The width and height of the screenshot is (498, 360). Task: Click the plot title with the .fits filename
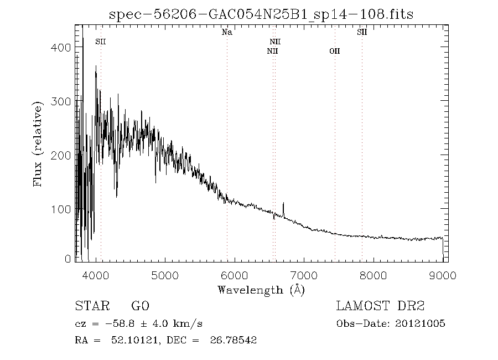pos(262,14)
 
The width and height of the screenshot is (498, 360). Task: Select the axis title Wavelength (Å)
pos(261,289)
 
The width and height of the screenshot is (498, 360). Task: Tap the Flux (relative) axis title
pos(38,144)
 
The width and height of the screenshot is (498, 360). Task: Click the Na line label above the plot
pos(227,32)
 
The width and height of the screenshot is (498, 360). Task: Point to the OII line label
pos(335,51)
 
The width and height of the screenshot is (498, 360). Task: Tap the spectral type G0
pos(140,306)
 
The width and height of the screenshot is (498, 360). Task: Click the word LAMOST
pos(362,306)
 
